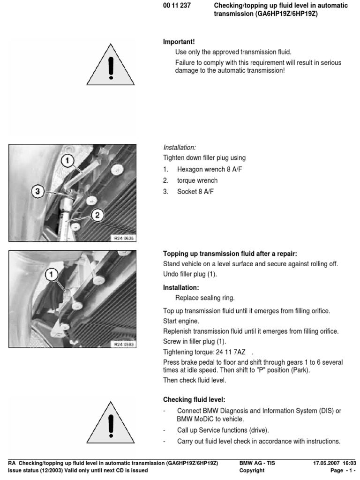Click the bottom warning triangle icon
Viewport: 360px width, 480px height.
111,423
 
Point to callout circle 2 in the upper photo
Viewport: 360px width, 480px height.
97,215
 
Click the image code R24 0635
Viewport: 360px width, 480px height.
124,238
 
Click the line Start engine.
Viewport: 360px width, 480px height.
181,321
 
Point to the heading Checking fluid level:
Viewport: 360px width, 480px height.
194,400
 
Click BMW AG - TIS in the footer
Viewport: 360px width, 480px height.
257,463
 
